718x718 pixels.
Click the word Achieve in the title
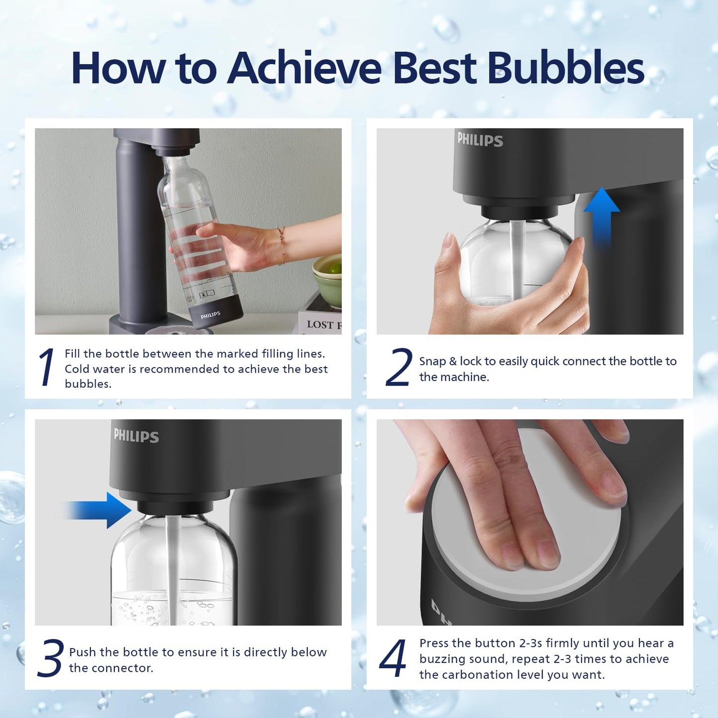pos(304,68)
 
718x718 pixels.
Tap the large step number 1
pos(46,368)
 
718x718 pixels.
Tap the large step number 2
pos(399,368)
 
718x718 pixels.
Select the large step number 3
pos(50,658)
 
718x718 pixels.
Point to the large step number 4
pos(393,658)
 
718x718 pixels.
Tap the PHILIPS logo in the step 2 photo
pos(480,140)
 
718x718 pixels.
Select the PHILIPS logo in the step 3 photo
pos(136,436)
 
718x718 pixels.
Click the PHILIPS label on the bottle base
pos(210,315)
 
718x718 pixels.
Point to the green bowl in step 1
pos(327,281)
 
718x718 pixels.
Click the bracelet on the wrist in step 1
pos(281,246)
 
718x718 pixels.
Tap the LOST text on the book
pos(319,324)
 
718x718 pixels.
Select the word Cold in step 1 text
pos(78,369)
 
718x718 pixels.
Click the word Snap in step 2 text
pos(432,361)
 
